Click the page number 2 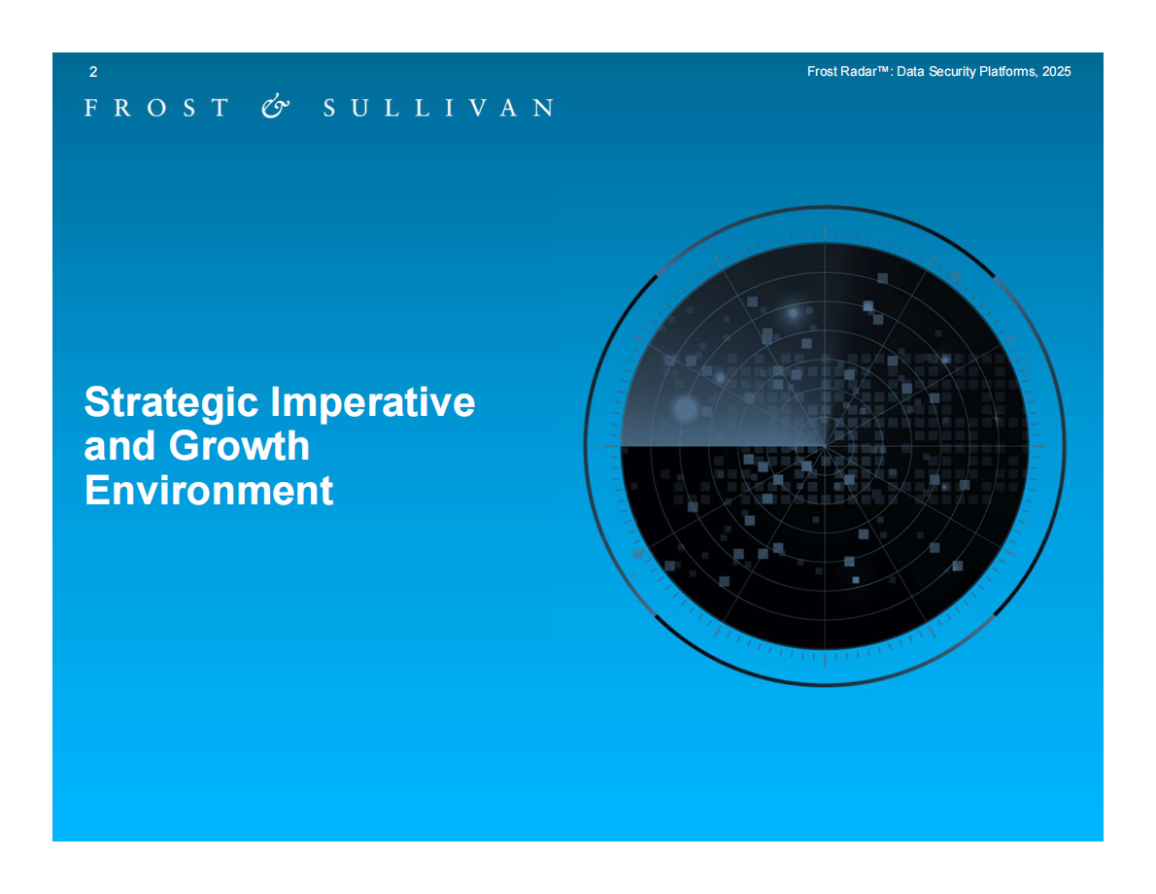(93, 72)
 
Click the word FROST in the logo (156, 108)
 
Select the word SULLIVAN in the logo (439, 108)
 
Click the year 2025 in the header (1057, 72)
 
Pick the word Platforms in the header (1008, 72)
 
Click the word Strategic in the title (171, 402)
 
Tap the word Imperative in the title (373, 402)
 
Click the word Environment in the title (209, 490)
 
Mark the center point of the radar (824, 445)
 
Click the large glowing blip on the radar (685, 409)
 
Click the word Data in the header (910, 72)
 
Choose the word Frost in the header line (822, 72)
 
